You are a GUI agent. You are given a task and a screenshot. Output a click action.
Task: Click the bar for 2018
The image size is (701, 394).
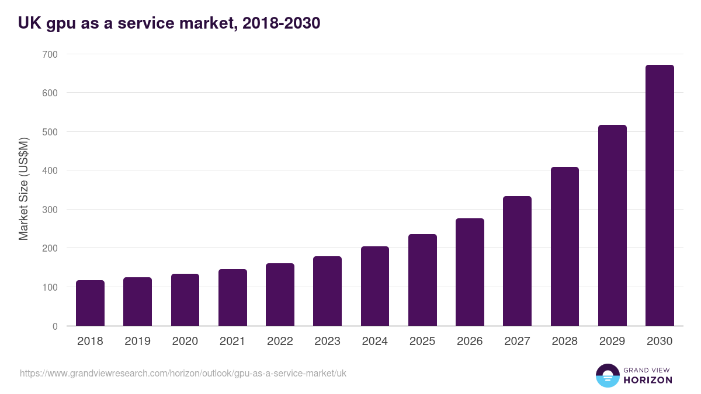90,303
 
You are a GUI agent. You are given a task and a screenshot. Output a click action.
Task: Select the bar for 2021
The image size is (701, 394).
232,298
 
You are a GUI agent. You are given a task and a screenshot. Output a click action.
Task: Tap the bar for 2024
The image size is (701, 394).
375,286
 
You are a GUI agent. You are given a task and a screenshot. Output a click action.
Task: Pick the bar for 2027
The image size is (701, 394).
517,261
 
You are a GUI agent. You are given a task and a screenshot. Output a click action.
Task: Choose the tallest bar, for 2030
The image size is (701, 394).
660,196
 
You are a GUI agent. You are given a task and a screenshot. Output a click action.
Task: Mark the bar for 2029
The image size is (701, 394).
612,225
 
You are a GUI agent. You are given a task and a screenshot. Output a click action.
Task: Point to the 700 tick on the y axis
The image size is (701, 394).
50,54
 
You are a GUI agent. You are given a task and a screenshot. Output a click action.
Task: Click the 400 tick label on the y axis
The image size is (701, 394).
50,170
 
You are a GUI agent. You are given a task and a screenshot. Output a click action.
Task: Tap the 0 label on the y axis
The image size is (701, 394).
55,326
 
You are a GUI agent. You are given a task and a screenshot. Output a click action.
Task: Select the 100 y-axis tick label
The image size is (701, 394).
50,287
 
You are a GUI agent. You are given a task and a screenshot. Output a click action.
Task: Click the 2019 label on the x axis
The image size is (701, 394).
137,341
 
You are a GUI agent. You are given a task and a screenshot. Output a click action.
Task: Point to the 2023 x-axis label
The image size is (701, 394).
327,341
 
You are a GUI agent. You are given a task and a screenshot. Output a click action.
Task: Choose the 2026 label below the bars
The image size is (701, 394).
470,341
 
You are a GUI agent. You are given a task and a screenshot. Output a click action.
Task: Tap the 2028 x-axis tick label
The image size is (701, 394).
565,341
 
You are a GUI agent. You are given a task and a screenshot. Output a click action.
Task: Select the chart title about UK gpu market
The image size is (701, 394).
169,23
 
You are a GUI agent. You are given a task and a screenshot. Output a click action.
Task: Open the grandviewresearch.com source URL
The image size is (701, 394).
183,373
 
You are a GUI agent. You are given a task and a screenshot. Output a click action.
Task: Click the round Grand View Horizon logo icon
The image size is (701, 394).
607,375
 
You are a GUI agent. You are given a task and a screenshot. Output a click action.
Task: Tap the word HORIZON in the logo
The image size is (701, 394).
647,380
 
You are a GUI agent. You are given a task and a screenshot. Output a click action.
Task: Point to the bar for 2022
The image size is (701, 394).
280,295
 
